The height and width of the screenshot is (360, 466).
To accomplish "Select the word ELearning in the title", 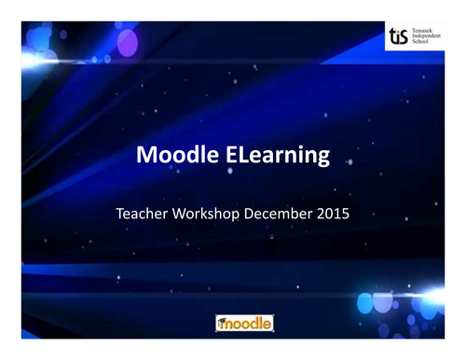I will (x=278, y=157).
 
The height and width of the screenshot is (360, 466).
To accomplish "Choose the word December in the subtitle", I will (x=279, y=214).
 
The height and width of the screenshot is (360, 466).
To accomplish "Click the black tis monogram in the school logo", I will (x=399, y=37).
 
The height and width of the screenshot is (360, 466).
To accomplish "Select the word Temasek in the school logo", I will (x=424, y=30).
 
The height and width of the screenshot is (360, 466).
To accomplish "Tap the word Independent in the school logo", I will (x=428, y=37).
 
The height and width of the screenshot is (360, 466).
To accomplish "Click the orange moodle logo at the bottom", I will (x=244, y=324).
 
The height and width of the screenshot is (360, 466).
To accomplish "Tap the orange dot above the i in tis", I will (x=399, y=31).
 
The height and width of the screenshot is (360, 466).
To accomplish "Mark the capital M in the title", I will (x=147, y=156).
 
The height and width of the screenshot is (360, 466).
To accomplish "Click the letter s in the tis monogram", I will (x=405, y=38).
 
